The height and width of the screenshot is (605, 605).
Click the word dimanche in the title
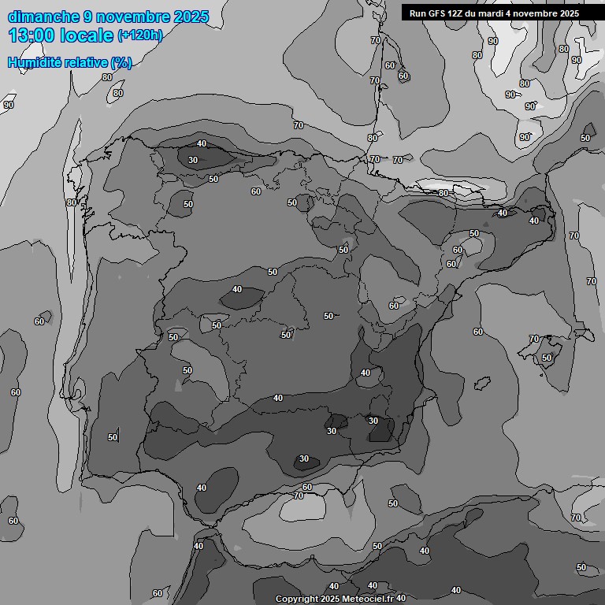(43, 17)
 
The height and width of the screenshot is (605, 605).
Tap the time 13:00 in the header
(32, 35)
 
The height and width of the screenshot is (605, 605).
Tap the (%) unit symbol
(121, 63)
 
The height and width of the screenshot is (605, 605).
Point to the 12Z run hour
(457, 13)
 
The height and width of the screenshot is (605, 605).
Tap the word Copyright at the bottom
(299, 599)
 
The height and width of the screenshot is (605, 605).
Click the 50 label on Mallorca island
(547, 358)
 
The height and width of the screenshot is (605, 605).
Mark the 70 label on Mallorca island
(534, 340)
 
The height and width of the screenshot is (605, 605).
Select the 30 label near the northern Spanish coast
(193, 160)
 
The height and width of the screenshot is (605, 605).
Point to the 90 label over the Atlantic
(9, 105)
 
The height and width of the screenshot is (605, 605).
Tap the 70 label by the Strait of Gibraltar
(298, 496)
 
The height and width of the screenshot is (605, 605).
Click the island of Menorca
(584, 333)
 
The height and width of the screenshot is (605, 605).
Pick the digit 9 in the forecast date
(87, 17)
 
